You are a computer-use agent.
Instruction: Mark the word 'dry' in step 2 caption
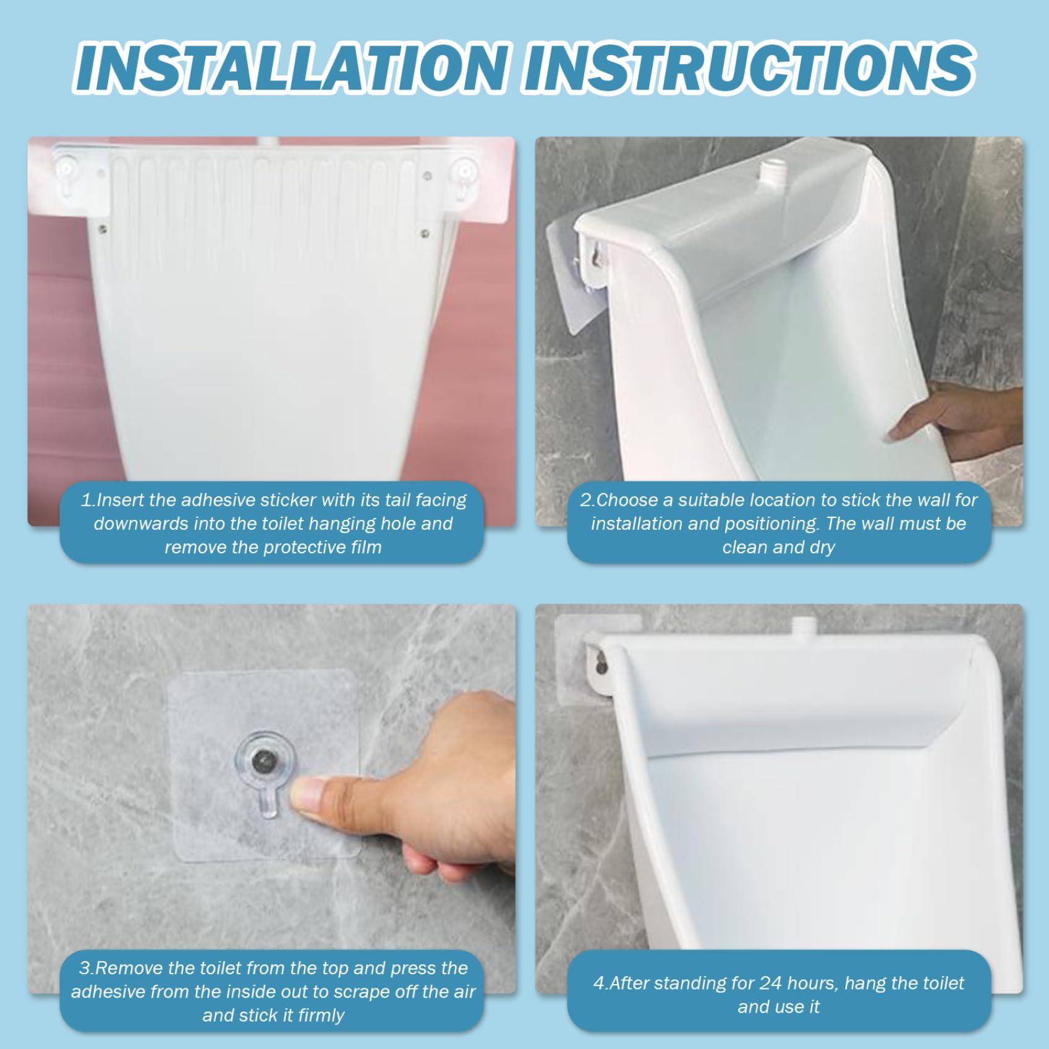click(x=822, y=547)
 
